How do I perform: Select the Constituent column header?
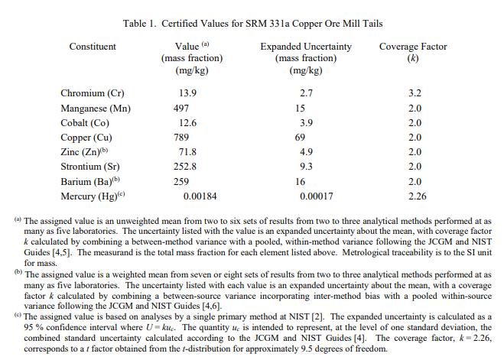tap(93, 47)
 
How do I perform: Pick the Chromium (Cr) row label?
tap(93, 93)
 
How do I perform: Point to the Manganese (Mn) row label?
tap(96, 109)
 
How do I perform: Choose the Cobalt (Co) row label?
tap(85, 123)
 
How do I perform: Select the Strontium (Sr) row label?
tap(90, 167)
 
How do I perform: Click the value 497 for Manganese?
tap(182, 109)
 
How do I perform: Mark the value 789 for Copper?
tap(182, 138)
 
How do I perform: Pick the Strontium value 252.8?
tap(186, 167)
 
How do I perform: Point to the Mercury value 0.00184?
tap(199, 196)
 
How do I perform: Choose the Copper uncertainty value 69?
tap(300, 138)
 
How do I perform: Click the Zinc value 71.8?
tap(188, 152)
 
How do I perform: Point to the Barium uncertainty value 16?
tap(300, 182)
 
